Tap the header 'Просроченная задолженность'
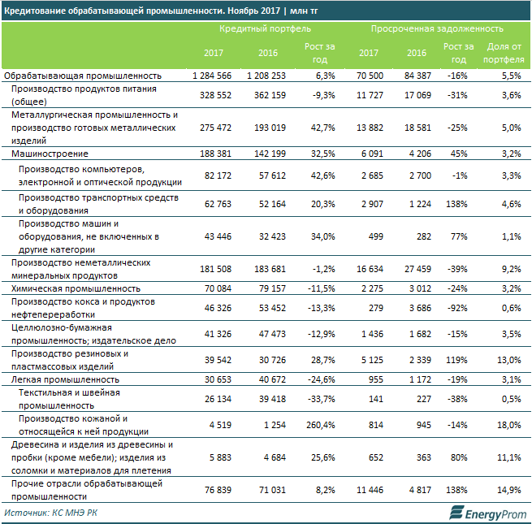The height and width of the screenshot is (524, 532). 426,28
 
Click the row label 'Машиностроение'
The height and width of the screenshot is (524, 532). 49,153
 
